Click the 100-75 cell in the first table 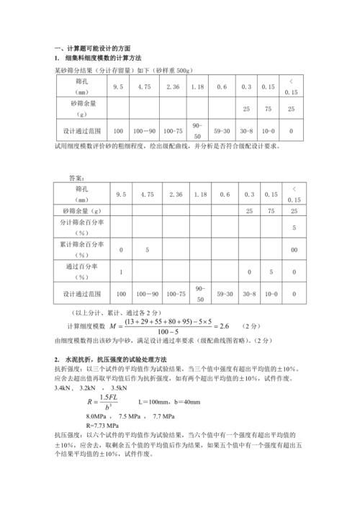point(174,131)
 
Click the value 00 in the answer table point(294,250)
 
